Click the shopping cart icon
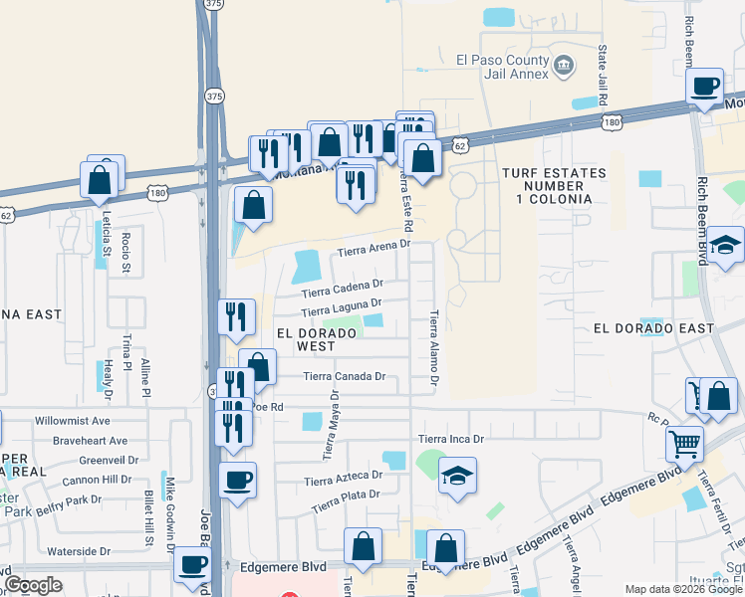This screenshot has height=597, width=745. [x=683, y=444]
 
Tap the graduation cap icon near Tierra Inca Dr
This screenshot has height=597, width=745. [x=457, y=477]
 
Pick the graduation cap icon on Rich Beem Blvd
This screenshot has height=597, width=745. [x=726, y=245]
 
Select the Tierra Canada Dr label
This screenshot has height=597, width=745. [x=345, y=376]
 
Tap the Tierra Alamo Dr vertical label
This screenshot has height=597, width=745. [x=434, y=347]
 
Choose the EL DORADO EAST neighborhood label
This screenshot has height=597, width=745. [x=653, y=328]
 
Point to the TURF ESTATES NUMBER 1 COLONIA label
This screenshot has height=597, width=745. [x=554, y=186]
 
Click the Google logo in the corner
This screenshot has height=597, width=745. [x=34, y=585]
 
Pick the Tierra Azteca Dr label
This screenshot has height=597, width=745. [x=344, y=482]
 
